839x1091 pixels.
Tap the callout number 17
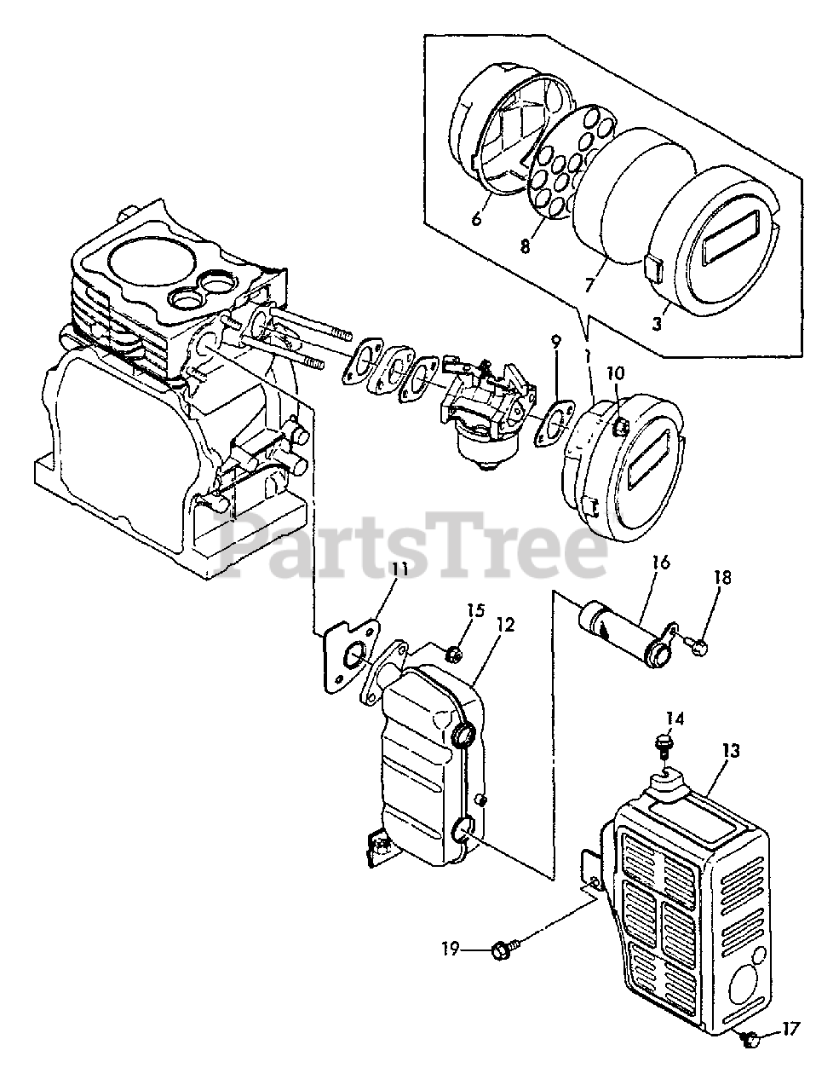point(790,1030)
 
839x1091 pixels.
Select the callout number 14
point(675,718)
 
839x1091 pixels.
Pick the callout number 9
point(555,342)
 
